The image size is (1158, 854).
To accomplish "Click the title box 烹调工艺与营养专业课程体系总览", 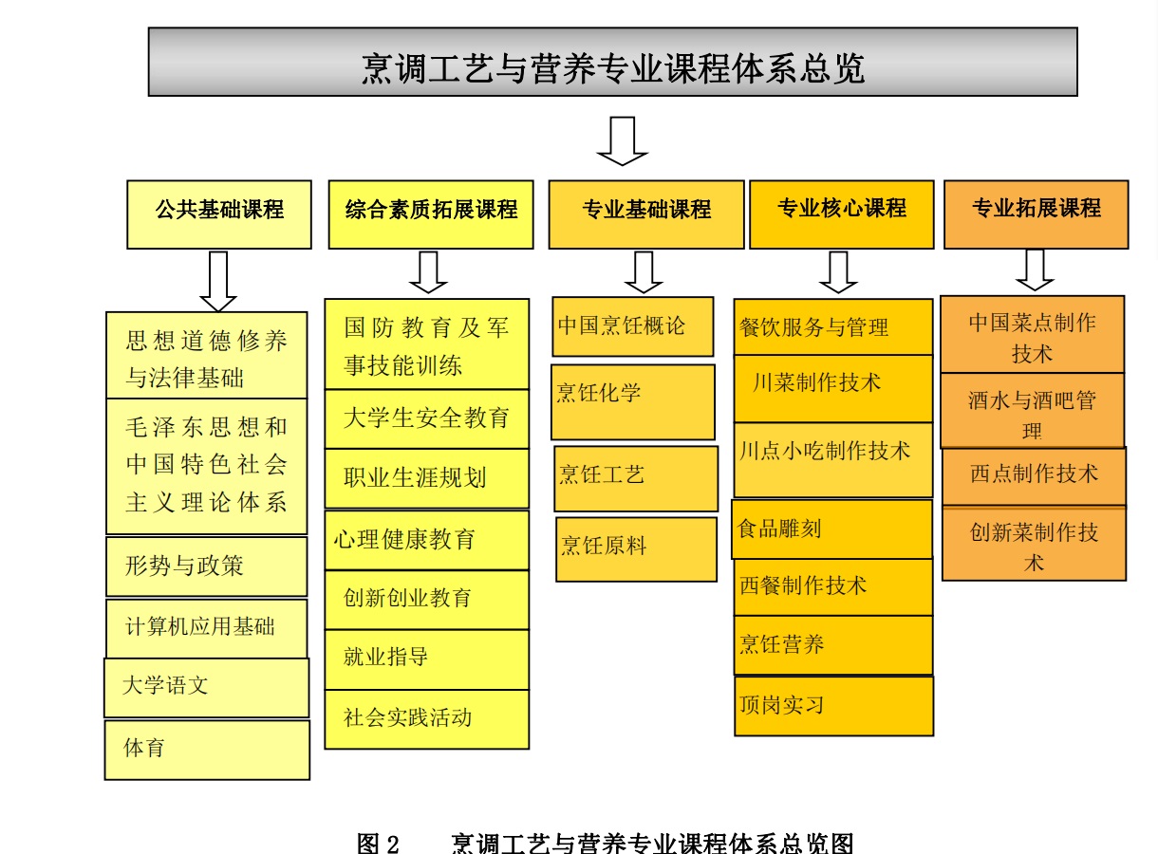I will pyautogui.click(x=612, y=63).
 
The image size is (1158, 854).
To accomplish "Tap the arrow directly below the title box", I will pyautogui.click(x=622, y=139).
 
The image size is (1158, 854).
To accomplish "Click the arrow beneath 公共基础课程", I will pyautogui.click(x=218, y=281).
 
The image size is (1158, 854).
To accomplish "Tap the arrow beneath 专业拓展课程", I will pyautogui.click(x=1035, y=270).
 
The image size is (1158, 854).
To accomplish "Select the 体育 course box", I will pyautogui.click(x=207, y=750).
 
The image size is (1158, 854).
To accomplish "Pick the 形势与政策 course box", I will pyautogui.click(x=207, y=566).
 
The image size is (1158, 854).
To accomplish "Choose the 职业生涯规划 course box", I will pyautogui.click(x=427, y=478).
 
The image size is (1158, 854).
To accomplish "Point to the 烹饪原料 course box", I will pyautogui.click(x=636, y=548).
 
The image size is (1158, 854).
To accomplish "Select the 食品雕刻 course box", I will pyautogui.click(x=833, y=529).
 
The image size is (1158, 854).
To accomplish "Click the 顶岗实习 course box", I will pyautogui.click(x=833, y=706).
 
